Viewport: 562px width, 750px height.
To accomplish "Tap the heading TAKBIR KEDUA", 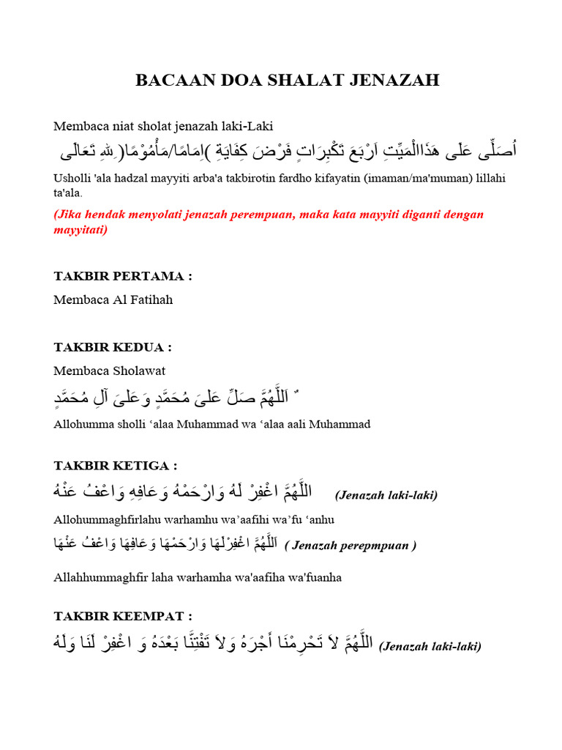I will coord(113,346).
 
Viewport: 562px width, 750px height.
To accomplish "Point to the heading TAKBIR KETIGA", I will coord(116,466).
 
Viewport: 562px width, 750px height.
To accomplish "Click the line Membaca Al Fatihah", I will coord(113,300).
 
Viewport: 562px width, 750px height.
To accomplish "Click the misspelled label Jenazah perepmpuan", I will coord(351,546).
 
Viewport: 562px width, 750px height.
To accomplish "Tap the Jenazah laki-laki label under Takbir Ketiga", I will coord(386,495).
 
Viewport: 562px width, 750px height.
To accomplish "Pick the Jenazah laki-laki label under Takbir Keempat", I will coord(430,646).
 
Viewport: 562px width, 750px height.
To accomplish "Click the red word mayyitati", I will coord(80,229).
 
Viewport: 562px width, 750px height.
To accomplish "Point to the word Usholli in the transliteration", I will coord(72,179).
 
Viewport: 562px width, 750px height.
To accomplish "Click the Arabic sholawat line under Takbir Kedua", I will coord(176,399).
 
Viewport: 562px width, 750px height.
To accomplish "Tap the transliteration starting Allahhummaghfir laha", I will coord(198,577).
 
